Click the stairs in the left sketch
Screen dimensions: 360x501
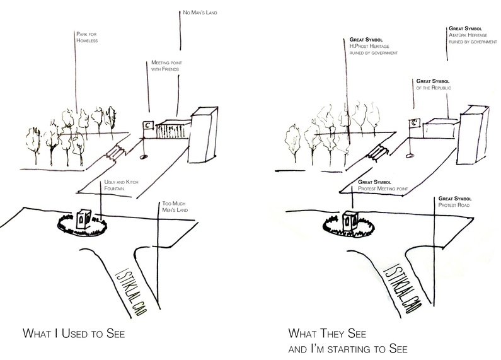pyautogui.click(x=116, y=152)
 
